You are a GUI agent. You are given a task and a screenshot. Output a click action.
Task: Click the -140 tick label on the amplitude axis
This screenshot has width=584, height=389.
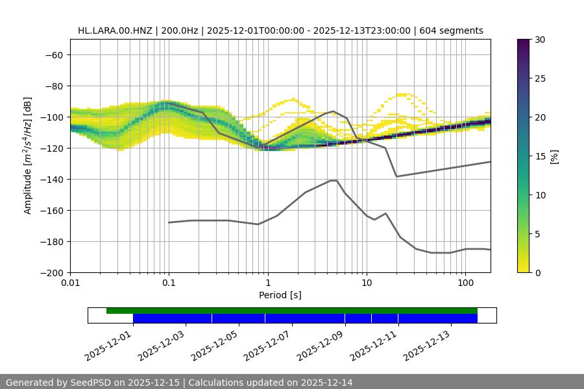[x=51, y=179]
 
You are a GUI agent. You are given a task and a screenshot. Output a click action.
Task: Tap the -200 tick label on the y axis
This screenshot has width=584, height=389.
[x=51, y=272]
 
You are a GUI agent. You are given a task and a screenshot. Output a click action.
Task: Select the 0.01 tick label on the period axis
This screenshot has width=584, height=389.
[x=70, y=283]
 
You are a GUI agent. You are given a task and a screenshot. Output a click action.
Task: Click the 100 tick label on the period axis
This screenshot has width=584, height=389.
[x=465, y=283]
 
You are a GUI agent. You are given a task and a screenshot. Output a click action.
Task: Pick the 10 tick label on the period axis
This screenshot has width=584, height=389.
[x=367, y=283]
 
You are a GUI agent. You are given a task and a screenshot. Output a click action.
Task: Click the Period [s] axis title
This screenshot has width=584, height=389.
[x=280, y=295]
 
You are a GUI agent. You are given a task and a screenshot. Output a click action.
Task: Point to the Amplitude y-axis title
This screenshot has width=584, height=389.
[x=28, y=156]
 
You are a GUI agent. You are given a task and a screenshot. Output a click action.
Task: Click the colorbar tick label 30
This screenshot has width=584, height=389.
[x=540, y=40]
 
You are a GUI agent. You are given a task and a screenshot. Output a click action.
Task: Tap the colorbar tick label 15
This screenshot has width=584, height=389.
[x=540, y=156]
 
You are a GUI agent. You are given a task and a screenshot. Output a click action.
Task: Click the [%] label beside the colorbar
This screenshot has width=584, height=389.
[x=554, y=156]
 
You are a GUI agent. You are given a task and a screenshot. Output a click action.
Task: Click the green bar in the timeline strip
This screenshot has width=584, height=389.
[x=292, y=311]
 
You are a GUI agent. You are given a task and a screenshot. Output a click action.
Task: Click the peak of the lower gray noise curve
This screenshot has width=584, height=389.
[x=334, y=180]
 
